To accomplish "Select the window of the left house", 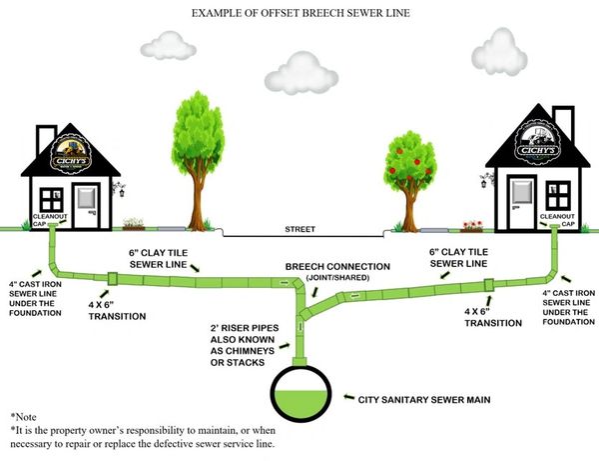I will point(50,199).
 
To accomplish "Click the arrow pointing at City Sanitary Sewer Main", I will point(347,397).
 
